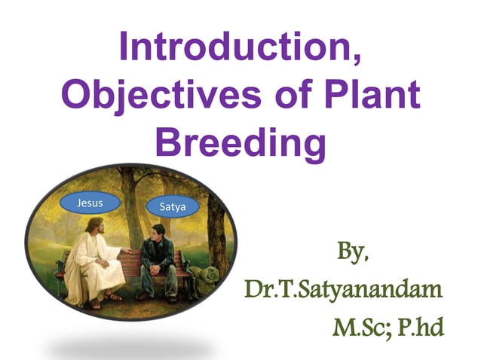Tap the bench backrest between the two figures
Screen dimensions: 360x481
coord(132,260)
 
